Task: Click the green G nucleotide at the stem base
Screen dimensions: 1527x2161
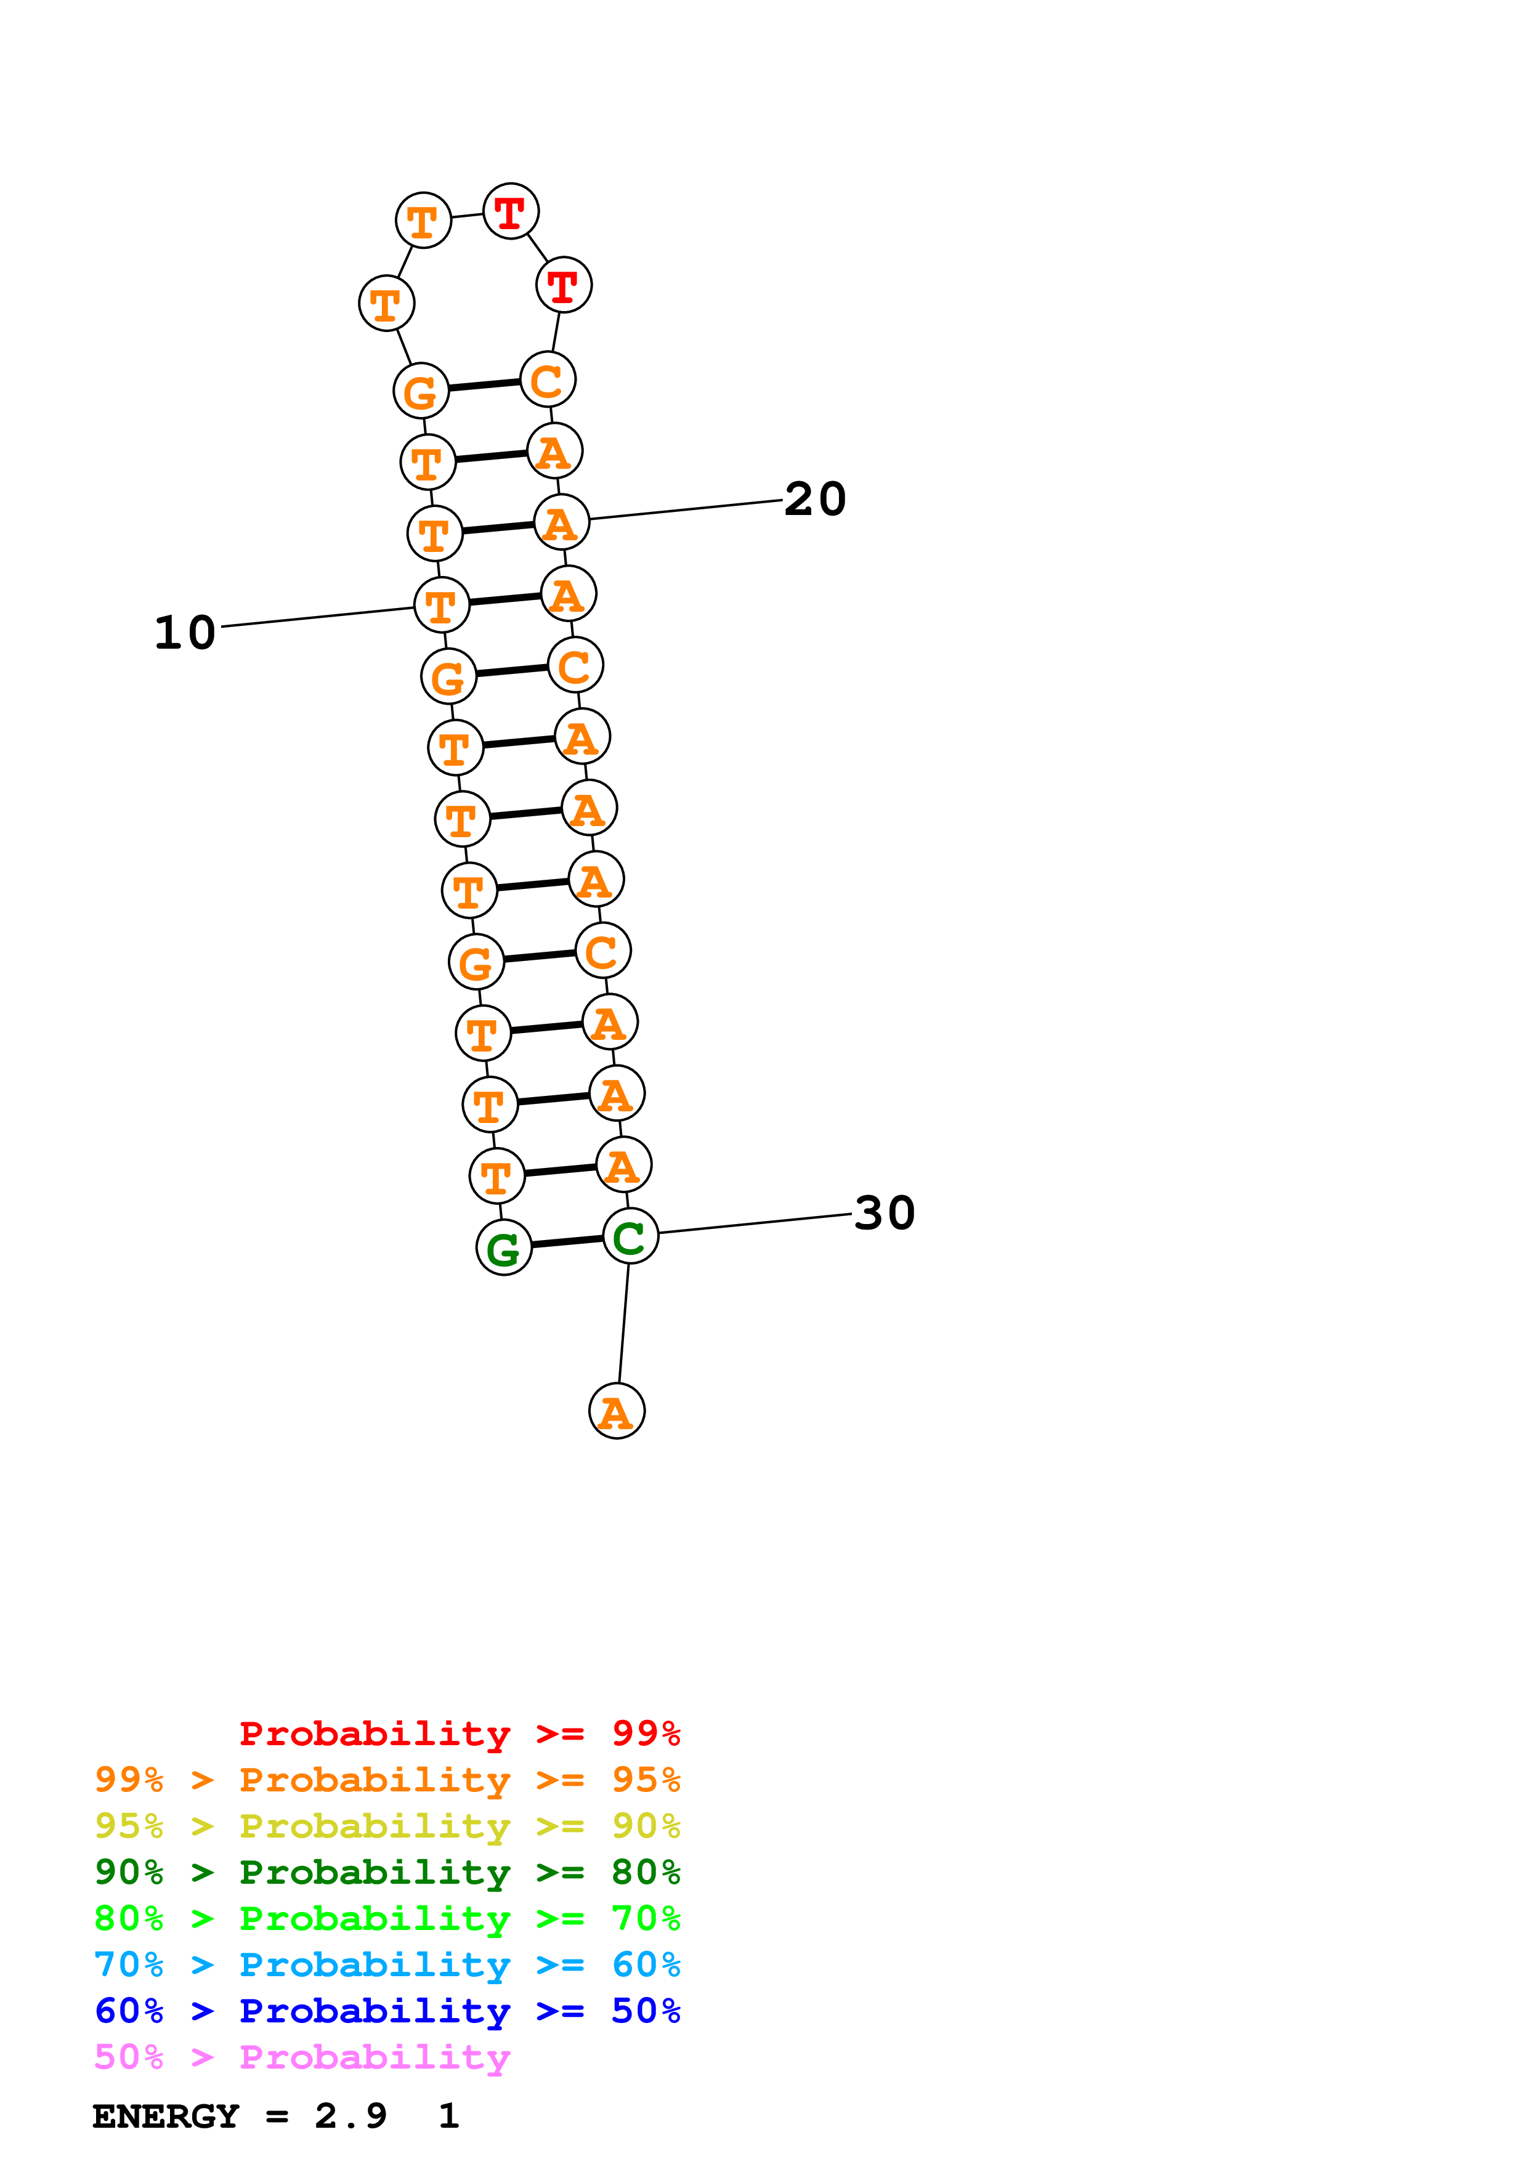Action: click(503, 1248)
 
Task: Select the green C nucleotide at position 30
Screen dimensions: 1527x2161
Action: click(630, 1237)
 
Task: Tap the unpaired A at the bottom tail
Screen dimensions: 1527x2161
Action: click(616, 1411)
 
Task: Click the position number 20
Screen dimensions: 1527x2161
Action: click(815, 499)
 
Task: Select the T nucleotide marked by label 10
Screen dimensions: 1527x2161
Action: click(441, 605)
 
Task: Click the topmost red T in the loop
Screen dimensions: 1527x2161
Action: click(510, 212)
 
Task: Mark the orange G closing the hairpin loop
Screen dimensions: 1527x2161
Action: click(421, 391)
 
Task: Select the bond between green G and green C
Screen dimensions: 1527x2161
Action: click(567, 1243)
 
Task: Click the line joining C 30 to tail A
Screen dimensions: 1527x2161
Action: click(624, 1323)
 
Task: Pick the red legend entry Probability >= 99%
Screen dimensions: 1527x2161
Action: click(459, 1733)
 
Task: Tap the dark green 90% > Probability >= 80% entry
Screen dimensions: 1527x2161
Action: click(387, 1872)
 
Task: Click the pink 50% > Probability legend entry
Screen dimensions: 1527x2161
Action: click(302, 2058)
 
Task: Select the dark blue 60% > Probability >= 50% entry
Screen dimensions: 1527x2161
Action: click(387, 2011)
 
